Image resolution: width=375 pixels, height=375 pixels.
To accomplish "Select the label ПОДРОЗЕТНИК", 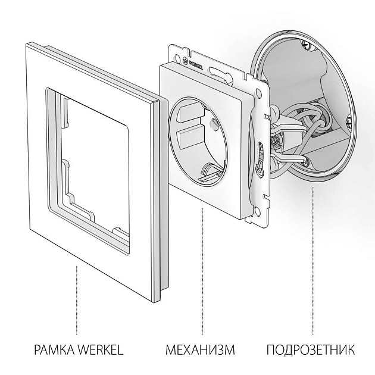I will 310,349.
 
